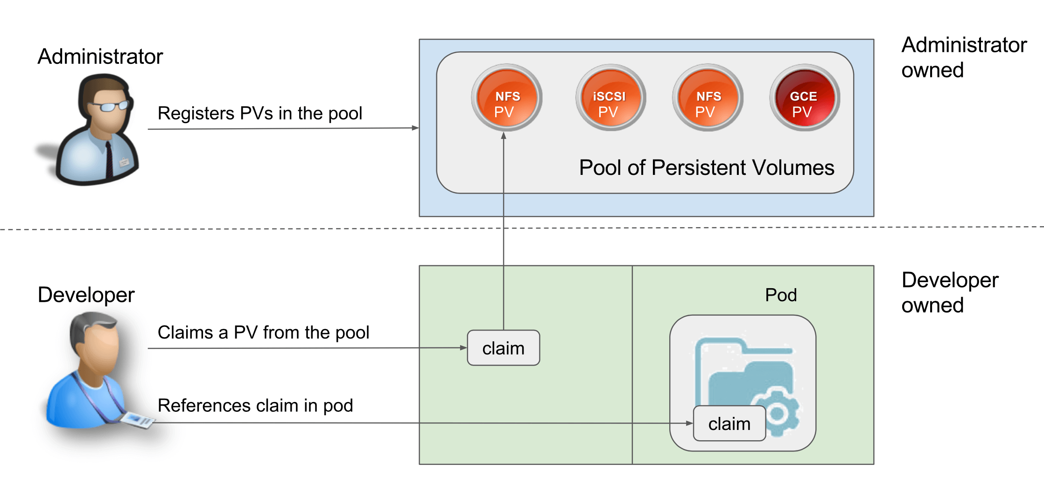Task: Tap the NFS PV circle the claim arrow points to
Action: click(x=507, y=98)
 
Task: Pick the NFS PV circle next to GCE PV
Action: click(x=708, y=98)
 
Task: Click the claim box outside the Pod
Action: click(x=504, y=348)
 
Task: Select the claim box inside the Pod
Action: click(x=729, y=423)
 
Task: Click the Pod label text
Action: click(x=781, y=295)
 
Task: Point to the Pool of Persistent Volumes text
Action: click(x=706, y=167)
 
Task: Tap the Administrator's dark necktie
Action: click(x=109, y=159)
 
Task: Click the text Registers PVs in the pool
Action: click(x=259, y=113)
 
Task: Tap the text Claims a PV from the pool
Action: click(x=263, y=333)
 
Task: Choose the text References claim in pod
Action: click(x=255, y=405)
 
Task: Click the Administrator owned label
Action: click(x=963, y=57)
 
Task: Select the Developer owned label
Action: click(x=949, y=292)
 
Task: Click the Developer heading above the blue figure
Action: click(x=86, y=295)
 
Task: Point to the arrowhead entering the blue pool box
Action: click(x=415, y=128)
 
